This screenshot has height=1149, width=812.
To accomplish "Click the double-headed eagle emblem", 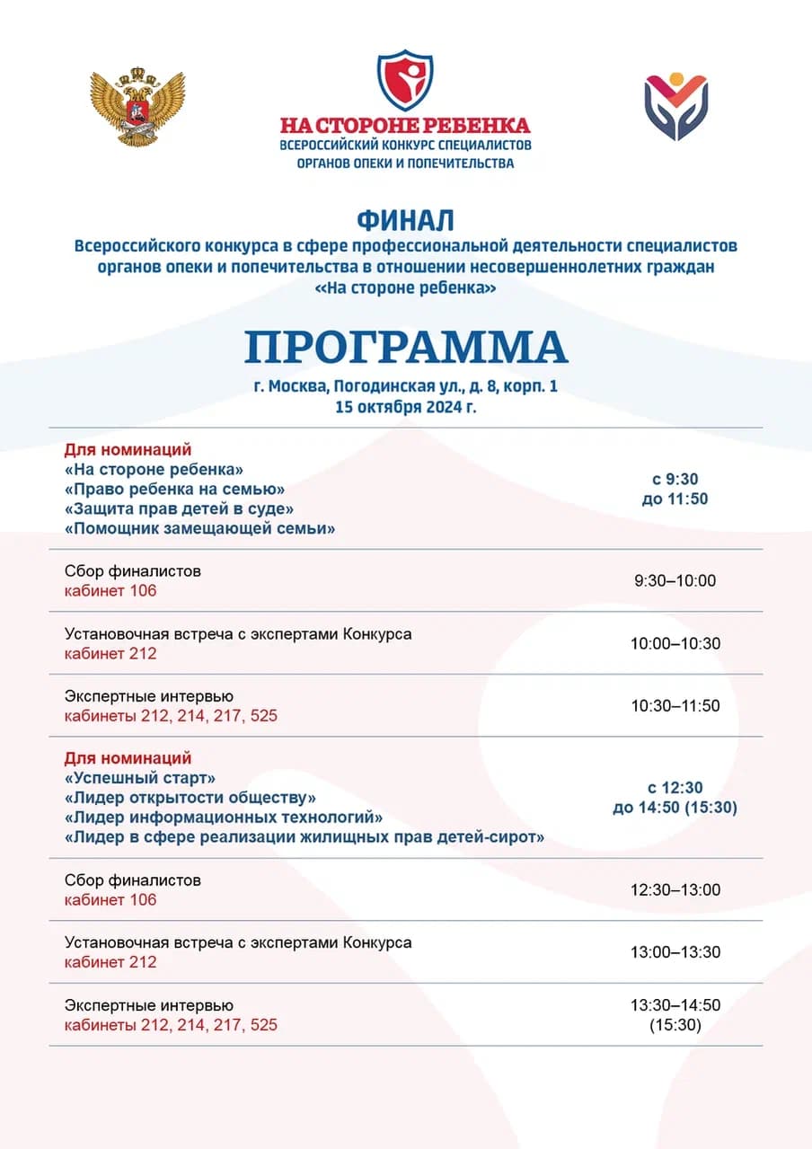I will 137,107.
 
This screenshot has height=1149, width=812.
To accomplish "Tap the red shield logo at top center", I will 404,81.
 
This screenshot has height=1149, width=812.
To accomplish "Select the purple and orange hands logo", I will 675,107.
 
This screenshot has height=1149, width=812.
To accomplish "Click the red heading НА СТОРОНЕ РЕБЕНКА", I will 405,125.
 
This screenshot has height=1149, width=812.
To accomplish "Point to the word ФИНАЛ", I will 405,220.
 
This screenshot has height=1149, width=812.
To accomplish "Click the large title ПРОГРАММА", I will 406,347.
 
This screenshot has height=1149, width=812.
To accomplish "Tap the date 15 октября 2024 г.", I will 405,406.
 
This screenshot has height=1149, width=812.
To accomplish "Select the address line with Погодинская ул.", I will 405,387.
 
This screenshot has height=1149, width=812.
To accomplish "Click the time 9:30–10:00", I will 675,580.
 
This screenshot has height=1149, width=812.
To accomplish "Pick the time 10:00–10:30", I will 675,643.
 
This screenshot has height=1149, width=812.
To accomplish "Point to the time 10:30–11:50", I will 675,706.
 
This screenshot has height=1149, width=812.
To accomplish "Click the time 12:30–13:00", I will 675,889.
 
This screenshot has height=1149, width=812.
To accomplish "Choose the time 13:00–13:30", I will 675,952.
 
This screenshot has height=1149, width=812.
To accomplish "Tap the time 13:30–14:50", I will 675,1005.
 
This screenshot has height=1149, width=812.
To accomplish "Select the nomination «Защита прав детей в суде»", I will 181,509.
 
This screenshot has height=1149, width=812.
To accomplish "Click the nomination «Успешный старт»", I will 140,778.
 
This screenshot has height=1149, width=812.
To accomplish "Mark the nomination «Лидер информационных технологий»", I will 224,818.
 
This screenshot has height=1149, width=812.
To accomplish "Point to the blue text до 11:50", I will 675,499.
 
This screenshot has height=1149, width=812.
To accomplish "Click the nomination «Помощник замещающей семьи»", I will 200,529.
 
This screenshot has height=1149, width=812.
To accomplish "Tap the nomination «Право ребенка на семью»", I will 175,490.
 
